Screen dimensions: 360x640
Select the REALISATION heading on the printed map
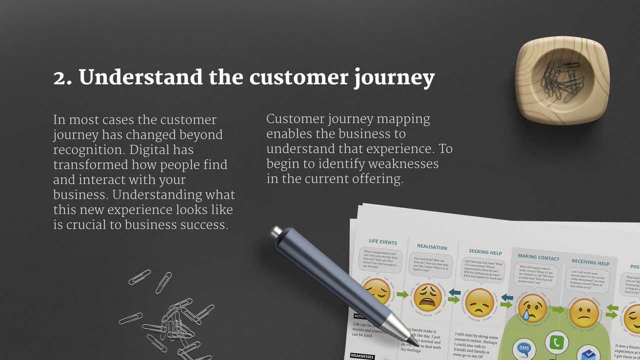(432, 247)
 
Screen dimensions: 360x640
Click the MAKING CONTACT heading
(538, 258)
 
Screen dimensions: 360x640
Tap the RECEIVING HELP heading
(590, 262)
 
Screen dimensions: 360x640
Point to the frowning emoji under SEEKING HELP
(479, 302)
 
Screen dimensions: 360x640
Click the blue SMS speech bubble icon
(524, 350)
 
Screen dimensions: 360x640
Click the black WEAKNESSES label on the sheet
(362, 356)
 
